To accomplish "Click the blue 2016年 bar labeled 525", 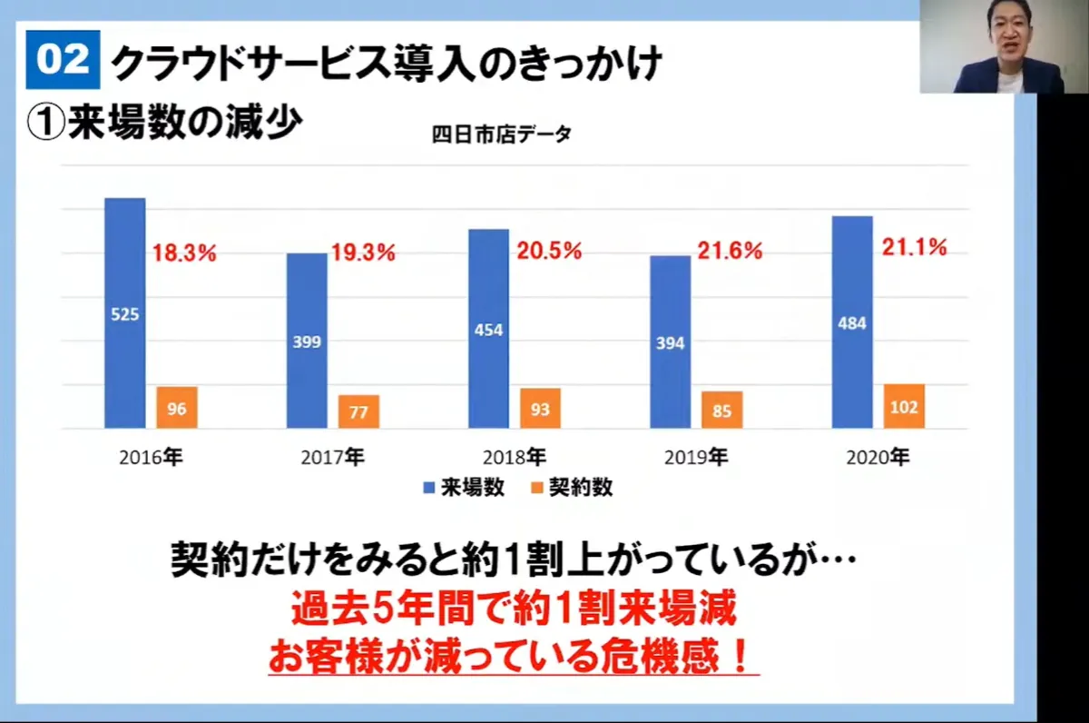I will point(124,313).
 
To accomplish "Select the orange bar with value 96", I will point(177,408).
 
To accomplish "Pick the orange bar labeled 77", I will point(358,411).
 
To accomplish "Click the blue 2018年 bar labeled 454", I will point(488,329).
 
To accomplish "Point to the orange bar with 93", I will point(540,409).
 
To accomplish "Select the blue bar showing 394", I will point(671,342).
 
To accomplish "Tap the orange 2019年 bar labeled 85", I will point(721,410).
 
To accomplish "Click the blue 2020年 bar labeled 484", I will point(852,322).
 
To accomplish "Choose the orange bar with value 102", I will point(904,406).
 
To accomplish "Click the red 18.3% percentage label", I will point(184,253).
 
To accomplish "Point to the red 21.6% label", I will point(730,252).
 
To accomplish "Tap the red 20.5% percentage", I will point(549,252).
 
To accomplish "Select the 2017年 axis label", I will point(332,458).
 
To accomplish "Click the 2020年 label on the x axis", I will point(878,458).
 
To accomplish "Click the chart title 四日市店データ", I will point(501,134).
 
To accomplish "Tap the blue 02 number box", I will point(63,60).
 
